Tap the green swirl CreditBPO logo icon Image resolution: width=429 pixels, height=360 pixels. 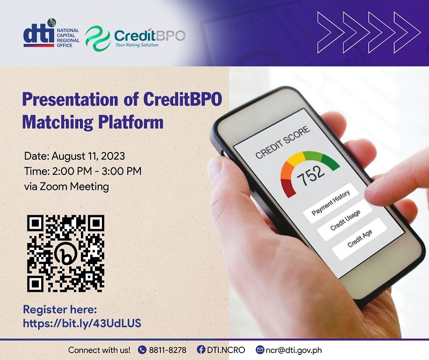click(x=98, y=38)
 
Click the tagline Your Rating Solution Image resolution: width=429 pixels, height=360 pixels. click(x=137, y=45)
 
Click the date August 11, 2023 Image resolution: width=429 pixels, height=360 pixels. click(x=88, y=156)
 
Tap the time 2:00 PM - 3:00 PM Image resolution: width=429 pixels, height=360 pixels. click(x=97, y=171)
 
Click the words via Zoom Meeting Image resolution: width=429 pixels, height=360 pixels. click(x=66, y=187)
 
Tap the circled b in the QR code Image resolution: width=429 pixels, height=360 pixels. click(x=65, y=254)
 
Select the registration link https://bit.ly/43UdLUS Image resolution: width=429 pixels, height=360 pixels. click(x=82, y=324)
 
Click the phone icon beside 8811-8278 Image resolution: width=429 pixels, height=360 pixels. click(x=142, y=350)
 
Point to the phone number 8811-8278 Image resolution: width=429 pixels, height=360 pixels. click(x=168, y=350)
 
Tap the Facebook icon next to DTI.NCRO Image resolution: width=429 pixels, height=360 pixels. click(x=201, y=350)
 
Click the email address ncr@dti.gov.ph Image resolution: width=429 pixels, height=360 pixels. click(x=293, y=350)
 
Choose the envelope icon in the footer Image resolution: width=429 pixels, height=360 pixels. click(x=260, y=350)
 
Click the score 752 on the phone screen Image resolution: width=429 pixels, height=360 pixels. click(x=310, y=177)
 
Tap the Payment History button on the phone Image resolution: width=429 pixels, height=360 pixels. click(x=331, y=203)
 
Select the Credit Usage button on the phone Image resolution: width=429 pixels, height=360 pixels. click(x=345, y=220)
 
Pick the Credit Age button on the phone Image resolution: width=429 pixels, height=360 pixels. click(x=359, y=239)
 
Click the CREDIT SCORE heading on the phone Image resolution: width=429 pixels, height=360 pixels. click(x=283, y=142)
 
